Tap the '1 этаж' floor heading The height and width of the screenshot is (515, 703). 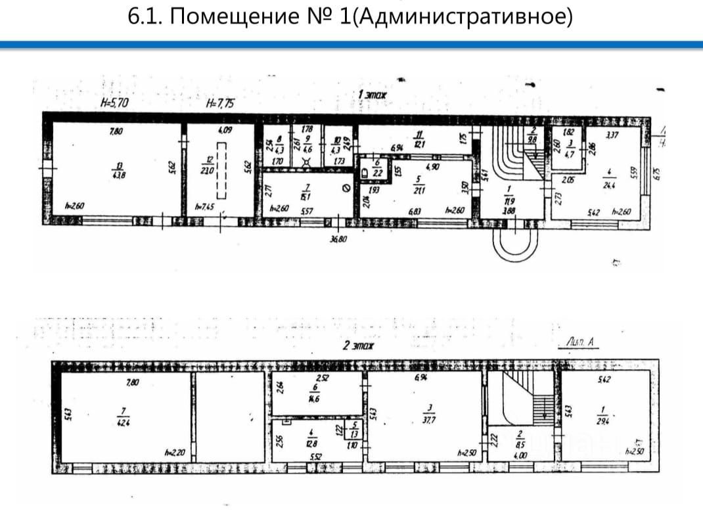click(x=372, y=95)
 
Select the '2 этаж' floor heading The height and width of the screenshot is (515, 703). click(x=357, y=346)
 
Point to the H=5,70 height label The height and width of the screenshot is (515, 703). click(x=115, y=102)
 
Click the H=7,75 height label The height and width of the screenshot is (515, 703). click(x=220, y=102)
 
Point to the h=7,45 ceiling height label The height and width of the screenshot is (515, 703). click(x=206, y=206)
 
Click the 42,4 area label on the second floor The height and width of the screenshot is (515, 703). click(x=122, y=422)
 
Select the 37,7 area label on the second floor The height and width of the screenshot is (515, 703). click(x=427, y=422)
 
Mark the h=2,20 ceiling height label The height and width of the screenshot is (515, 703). click(x=175, y=453)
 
